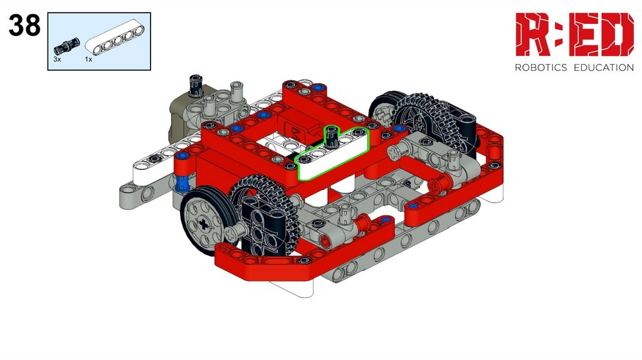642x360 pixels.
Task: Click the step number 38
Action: coord(24,25)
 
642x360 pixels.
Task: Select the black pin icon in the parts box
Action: coord(66,46)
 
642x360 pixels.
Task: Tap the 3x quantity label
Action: coord(57,60)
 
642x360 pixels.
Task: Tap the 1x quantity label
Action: coord(88,60)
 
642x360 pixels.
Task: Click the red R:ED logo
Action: coord(574,34)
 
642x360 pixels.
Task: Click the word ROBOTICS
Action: coord(540,68)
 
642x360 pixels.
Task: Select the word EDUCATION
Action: coord(604,68)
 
